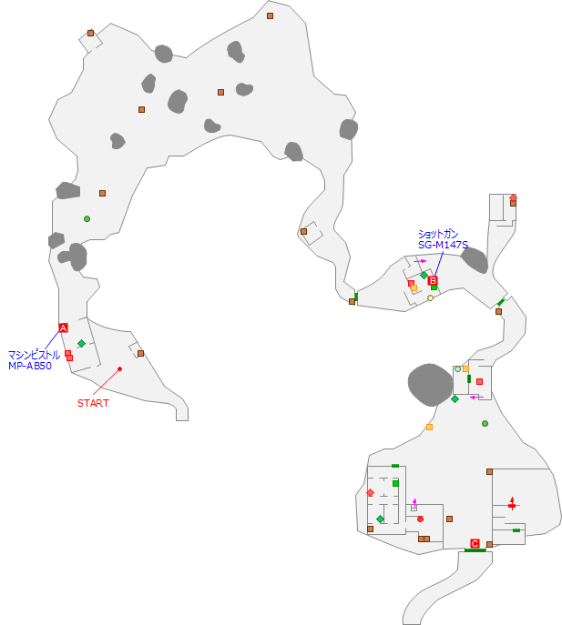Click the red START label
coord(93,403)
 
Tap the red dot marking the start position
coord(119,368)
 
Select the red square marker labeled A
coord(63,328)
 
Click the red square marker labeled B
coord(433,280)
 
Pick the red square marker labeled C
coord(475,543)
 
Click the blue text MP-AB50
coord(34,366)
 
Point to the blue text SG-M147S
coord(443,245)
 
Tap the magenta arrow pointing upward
coord(414,501)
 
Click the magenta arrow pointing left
coord(475,397)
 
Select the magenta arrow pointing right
coord(421,261)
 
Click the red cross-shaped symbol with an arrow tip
coord(512,503)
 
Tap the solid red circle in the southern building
coord(420,519)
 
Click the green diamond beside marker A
coord(81,343)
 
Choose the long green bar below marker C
coord(475,550)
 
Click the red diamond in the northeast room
coord(513,197)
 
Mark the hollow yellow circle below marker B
coord(430,297)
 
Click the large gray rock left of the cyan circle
coord(430,383)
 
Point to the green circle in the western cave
coord(87,218)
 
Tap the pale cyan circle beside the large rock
coord(457,368)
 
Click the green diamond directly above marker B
coord(424,275)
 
